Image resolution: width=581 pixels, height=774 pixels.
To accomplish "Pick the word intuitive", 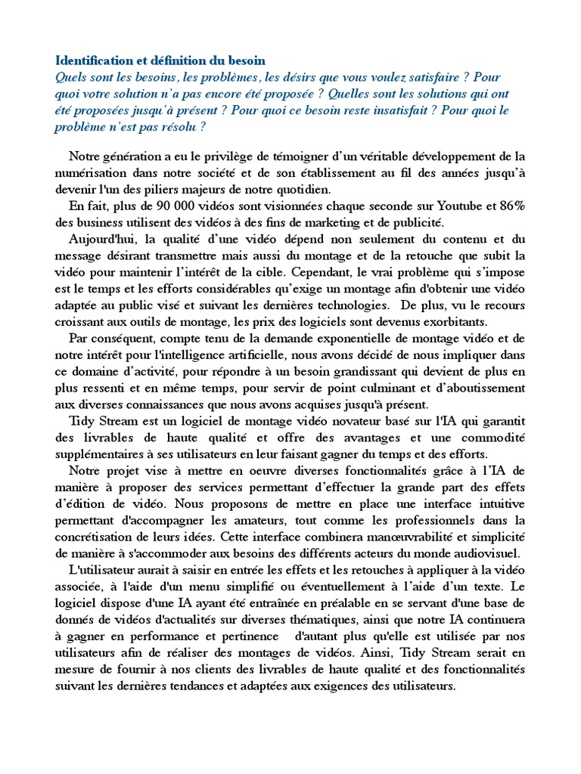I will pos(499,503).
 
